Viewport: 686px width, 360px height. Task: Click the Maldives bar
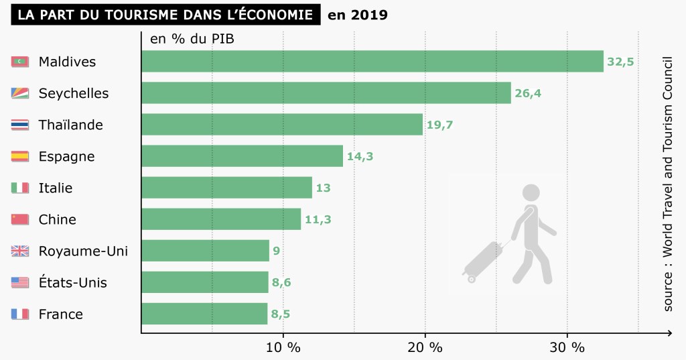372,62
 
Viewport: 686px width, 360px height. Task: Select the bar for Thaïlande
282,125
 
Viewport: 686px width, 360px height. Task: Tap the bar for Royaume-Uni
205,251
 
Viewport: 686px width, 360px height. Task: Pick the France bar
204,314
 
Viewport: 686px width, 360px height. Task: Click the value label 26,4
528,93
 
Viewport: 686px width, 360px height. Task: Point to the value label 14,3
360,156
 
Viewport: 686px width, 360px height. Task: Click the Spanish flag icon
20,156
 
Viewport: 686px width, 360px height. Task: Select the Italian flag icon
20,188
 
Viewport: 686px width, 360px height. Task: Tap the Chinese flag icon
20,219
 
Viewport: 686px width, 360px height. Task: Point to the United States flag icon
20,282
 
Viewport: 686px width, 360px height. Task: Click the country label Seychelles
74,93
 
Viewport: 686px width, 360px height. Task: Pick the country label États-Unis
73,282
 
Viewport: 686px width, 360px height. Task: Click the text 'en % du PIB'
192,39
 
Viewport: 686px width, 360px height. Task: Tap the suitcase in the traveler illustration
484,258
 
